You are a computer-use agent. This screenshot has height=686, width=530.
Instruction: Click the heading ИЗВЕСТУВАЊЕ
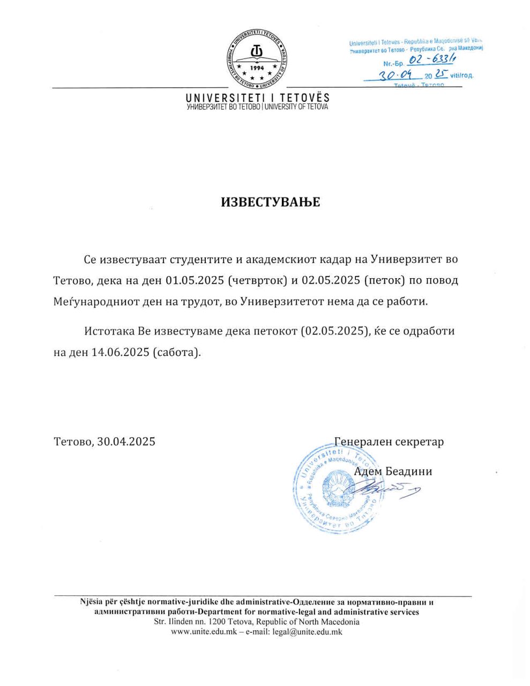271,202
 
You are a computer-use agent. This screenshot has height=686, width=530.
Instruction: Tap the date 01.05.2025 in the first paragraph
195,280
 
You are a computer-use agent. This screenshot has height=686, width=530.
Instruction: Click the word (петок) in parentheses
384,280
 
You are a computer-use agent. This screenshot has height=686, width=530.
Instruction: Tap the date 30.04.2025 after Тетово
126,442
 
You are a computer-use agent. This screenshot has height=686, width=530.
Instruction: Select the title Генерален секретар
389,442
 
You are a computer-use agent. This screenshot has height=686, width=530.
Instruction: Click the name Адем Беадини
393,472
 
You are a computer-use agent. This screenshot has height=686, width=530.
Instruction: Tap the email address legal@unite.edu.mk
307,632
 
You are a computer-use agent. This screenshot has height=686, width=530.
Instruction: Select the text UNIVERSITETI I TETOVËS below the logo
257,98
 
